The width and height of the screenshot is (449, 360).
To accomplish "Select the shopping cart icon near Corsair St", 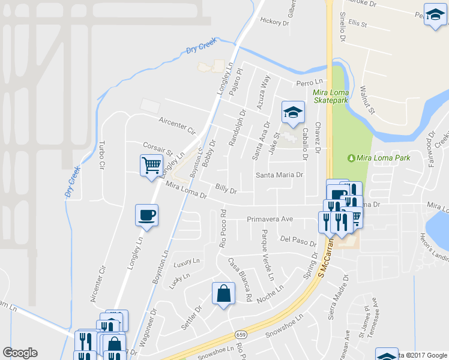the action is tap(151, 164).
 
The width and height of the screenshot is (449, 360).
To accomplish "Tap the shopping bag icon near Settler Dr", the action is tap(223, 293).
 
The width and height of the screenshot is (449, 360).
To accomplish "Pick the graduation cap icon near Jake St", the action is tap(293, 112).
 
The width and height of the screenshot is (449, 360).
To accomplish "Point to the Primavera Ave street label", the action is tap(270, 220).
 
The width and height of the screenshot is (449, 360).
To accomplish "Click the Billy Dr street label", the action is tap(226, 191).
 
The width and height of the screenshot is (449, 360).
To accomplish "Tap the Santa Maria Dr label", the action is tap(280, 175).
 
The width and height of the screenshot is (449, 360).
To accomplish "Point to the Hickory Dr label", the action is tap(274, 21).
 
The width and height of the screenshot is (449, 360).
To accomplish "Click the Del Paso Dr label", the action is tap(298, 239).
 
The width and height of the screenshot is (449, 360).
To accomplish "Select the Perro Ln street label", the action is tap(309, 82).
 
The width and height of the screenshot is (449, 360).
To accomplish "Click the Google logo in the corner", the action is tap(20, 353).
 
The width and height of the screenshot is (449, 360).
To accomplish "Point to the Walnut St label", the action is tap(367, 100).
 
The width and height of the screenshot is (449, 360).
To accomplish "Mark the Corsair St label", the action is tap(158, 148).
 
